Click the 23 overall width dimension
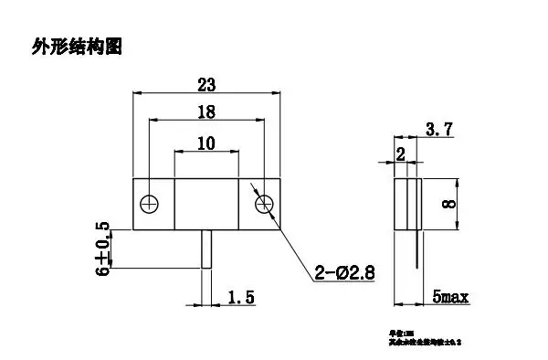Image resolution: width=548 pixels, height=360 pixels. (206, 85)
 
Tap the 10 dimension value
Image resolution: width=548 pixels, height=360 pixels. (206, 143)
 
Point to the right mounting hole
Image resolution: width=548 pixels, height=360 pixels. (264, 202)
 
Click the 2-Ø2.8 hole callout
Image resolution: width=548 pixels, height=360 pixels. (346, 271)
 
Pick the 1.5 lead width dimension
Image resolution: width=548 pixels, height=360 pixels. (240, 296)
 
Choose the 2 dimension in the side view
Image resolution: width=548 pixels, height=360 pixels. (399, 154)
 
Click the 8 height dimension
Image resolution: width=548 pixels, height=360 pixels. (448, 203)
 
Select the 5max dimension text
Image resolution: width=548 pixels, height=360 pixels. (451, 296)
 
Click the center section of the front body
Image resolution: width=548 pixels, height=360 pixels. (206, 202)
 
